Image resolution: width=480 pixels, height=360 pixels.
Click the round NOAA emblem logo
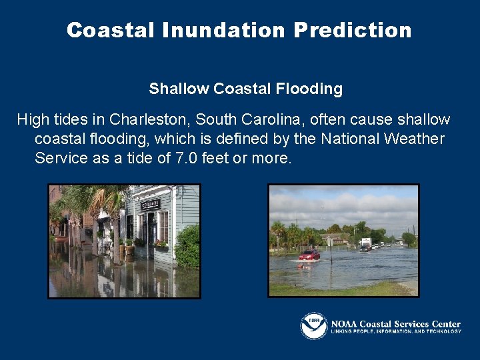click(x=313, y=326)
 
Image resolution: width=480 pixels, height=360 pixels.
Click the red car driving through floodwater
click(x=309, y=255)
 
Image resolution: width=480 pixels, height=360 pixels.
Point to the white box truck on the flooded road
click(x=366, y=243)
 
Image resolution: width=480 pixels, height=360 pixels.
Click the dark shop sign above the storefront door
click(x=151, y=203)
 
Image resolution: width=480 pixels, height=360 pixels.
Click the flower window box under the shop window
click(x=161, y=245)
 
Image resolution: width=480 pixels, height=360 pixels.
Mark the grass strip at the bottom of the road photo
click(x=340, y=289)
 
